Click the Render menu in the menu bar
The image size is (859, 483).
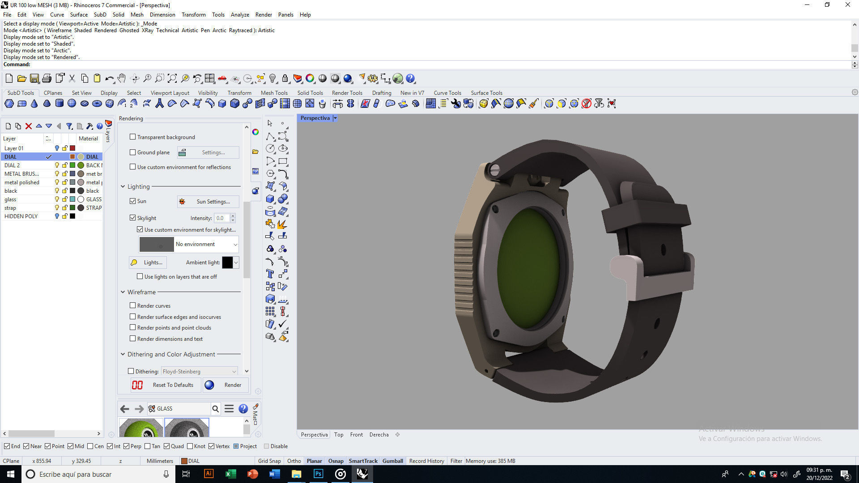click(x=264, y=14)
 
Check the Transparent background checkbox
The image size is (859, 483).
click(x=132, y=137)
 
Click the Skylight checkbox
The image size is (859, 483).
click(x=132, y=218)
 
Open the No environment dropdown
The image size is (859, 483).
click(x=235, y=244)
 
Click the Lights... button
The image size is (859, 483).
click(x=148, y=263)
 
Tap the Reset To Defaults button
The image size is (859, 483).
click(x=163, y=385)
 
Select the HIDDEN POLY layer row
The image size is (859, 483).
click(x=21, y=216)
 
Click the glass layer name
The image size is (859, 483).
click(x=10, y=199)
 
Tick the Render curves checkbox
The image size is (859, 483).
click(x=132, y=305)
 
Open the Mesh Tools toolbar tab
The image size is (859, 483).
click(x=274, y=93)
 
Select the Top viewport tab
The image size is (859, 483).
click(x=339, y=435)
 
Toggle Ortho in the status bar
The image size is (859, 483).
click(x=294, y=461)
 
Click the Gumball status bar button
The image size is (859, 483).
click(x=392, y=461)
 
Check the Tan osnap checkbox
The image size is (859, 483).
click(x=148, y=446)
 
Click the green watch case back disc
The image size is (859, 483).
click(x=528, y=268)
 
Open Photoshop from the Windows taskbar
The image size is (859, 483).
click(x=318, y=474)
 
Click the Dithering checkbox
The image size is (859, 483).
click(x=131, y=371)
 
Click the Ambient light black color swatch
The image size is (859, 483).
click(x=227, y=263)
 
